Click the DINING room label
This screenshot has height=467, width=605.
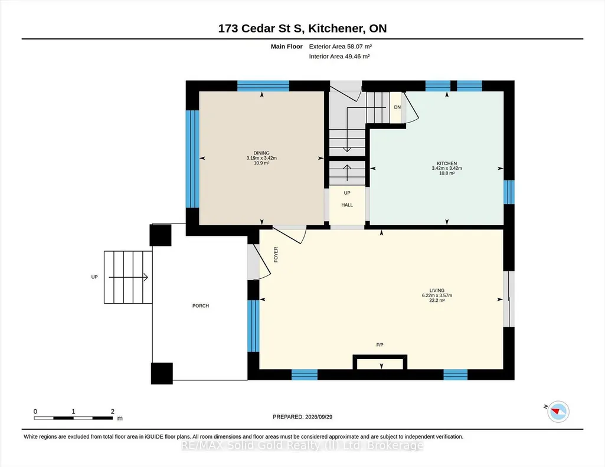point(261,153)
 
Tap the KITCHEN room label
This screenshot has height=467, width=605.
point(447,163)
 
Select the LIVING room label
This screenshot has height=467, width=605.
point(437,291)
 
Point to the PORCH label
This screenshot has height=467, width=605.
point(201,306)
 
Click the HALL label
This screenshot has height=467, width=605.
point(347,205)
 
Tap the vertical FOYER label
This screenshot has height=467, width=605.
point(276,255)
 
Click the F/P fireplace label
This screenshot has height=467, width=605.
point(380,345)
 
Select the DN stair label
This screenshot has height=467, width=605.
point(397,107)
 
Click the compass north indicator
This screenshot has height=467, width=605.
point(558,412)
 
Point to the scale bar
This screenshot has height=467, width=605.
point(73,417)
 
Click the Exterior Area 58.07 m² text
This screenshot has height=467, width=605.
point(341,47)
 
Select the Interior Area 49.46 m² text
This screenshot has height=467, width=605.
point(339,56)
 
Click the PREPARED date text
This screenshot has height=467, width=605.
point(302,417)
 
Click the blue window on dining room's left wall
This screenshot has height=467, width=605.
point(192,159)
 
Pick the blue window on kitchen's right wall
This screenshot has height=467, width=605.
point(509,192)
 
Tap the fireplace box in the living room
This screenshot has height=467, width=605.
point(380,362)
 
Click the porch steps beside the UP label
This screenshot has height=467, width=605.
point(128,277)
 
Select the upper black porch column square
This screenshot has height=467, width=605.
point(161,235)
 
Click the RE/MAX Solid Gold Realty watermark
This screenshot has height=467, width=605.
point(302,446)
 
